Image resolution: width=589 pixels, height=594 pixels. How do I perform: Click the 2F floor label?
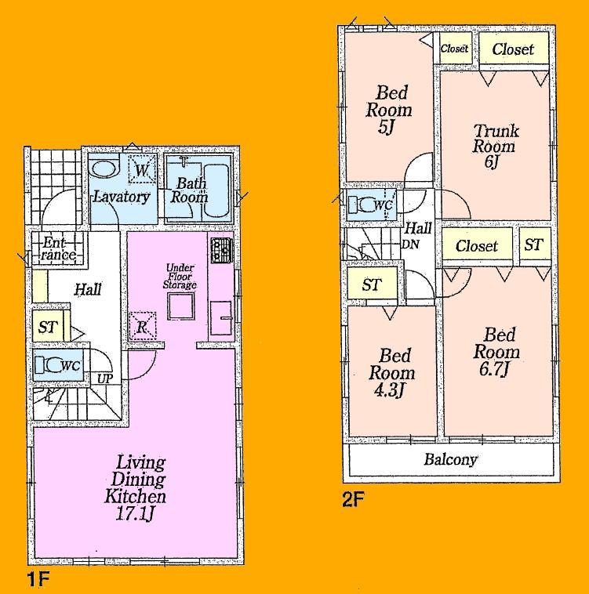coord(352,497)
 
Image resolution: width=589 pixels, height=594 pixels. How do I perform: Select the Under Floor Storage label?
coord(180,277)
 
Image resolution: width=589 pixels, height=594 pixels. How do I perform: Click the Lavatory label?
coord(122,197)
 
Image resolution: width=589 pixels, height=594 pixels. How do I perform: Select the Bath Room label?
coord(191,190)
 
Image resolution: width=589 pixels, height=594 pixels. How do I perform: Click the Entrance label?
coord(59,248)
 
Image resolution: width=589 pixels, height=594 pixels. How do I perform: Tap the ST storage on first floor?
coord(48,327)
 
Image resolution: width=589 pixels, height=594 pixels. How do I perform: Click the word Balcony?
coord(450,460)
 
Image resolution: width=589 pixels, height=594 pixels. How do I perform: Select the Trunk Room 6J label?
coord(495,145)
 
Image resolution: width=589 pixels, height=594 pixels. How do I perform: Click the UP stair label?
coord(104,379)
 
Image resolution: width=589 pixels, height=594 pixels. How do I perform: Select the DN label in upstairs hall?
coord(409,244)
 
